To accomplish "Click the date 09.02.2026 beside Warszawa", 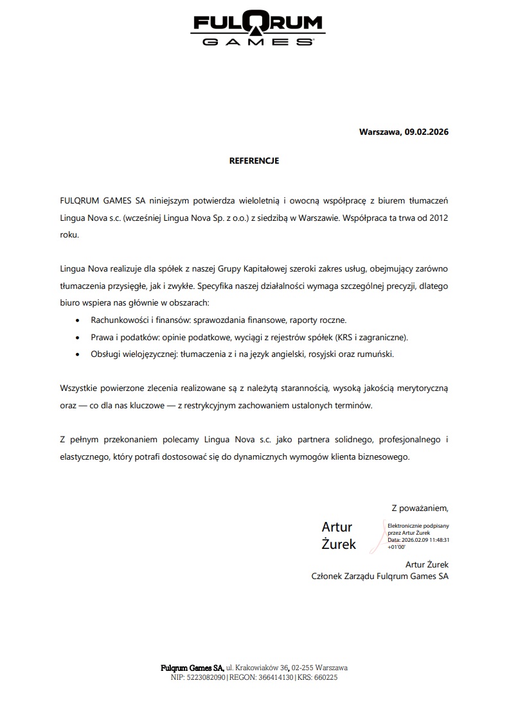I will pos(427,132).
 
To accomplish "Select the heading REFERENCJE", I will pos(254,161).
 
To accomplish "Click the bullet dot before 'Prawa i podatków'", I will pos(78,337).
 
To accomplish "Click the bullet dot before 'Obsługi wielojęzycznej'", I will pos(78,354).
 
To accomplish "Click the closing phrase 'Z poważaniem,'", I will pos(420,508).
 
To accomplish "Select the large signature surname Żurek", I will pos(339,545).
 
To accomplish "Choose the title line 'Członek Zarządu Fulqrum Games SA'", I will pos(379,576).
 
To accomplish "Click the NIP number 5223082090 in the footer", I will pos(207,677).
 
